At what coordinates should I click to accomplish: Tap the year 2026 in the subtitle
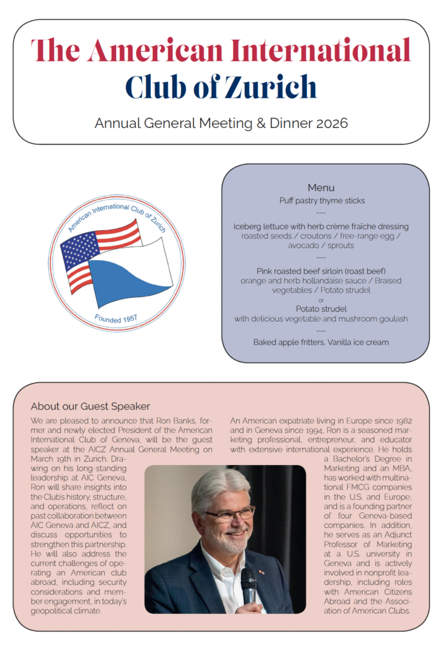[331, 123]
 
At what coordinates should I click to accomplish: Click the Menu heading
[321, 187]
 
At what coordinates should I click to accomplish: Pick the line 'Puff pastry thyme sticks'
[322, 201]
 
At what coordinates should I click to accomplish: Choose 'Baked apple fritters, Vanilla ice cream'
[321, 342]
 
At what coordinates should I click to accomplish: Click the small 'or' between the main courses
[321, 300]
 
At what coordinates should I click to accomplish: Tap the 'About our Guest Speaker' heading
[90, 406]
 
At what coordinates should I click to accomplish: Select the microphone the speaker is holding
[249, 584]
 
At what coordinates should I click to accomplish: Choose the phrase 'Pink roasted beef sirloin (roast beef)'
[321, 271]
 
